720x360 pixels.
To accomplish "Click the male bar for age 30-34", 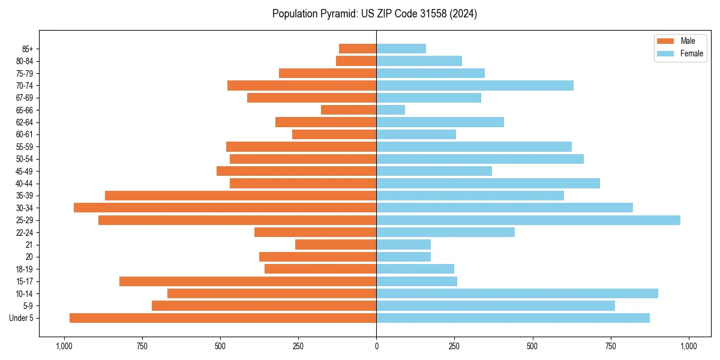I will [x=225, y=208].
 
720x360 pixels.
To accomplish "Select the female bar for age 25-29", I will [x=528, y=220].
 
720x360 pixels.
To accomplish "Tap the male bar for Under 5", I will [x=223, y=318].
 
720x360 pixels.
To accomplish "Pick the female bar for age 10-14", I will [x=517, y=293].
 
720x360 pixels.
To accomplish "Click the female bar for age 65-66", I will [x=391, y=110].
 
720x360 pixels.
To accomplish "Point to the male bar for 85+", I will [x=358, y=49].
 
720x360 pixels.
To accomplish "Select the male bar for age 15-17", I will [x=248, y=281].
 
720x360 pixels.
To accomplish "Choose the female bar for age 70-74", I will [x=475, y=85].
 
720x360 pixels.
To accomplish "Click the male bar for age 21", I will [x=335, y=245].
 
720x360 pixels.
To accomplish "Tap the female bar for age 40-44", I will [x=488, y=184].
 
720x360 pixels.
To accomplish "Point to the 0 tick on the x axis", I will [x=376, y=346].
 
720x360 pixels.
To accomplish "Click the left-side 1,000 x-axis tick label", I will [x=64, y=346].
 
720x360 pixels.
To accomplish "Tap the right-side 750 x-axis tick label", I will [x=611, y=346].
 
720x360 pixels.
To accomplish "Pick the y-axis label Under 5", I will [x=22, y=318].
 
